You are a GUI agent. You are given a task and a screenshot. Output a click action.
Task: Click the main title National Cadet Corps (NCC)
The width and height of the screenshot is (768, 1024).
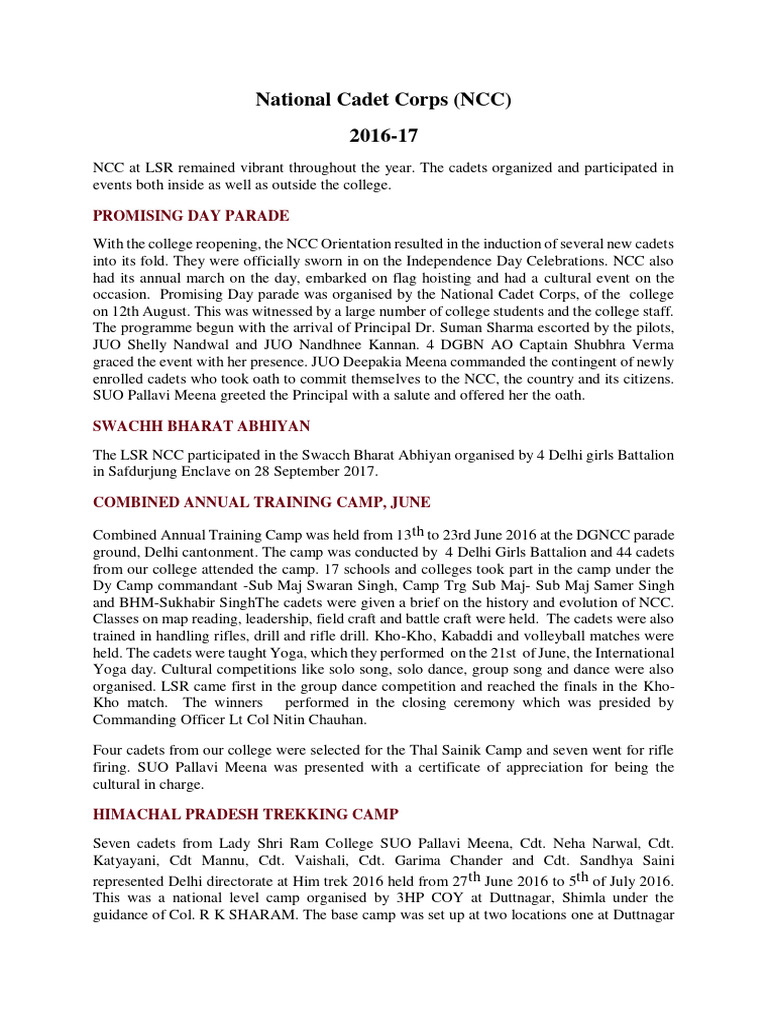click(x=383, y=99)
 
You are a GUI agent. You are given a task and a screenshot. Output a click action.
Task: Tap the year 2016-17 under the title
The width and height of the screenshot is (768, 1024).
click(x=383, y=135)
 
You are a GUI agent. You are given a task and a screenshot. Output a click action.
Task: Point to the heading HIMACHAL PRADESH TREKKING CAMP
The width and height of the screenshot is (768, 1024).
click(x=246, y=814)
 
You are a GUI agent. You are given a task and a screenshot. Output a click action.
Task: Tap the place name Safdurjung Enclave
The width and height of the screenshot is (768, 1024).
click(x=171, y=471)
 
